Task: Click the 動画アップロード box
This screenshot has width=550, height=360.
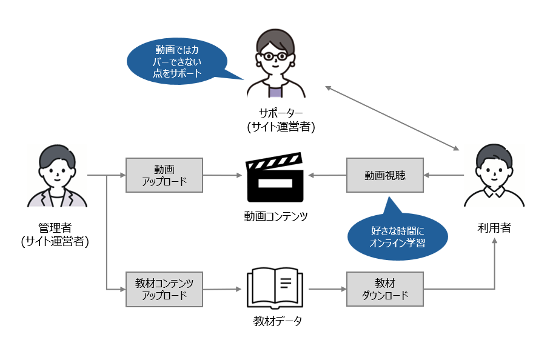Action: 163,175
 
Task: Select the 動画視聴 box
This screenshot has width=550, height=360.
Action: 384,175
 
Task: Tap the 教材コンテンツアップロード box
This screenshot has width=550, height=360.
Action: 163,289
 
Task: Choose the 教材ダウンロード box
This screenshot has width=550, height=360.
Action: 384,289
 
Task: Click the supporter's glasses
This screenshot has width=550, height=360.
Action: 275,56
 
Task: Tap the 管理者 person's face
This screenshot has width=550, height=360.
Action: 56,170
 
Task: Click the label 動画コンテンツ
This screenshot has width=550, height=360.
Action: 275,215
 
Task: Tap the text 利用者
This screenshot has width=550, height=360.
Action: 494,228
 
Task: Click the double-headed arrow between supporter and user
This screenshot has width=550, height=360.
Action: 392,119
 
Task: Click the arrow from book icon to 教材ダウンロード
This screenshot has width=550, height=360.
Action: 327,288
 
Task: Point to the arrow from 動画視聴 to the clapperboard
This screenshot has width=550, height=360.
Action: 327,176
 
